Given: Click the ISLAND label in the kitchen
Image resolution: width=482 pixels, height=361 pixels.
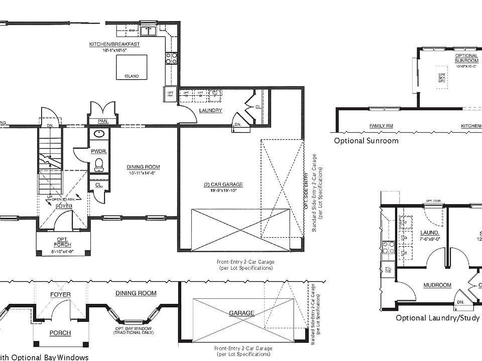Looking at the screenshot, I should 132,76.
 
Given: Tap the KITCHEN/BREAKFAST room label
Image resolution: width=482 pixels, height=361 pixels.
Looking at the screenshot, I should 114,45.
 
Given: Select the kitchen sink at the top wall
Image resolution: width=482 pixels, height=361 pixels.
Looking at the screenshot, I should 148,31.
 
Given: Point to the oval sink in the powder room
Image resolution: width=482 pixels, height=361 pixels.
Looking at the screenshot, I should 99,134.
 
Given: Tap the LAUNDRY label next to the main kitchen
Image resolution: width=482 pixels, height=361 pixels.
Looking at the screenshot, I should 210,110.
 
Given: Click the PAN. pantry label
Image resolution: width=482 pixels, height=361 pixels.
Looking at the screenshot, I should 102,121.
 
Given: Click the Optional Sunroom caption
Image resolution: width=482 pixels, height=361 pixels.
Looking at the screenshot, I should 366,141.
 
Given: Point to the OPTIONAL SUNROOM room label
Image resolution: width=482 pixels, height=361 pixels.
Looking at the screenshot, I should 466,58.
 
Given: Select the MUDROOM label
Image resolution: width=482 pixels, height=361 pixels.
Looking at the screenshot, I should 437,285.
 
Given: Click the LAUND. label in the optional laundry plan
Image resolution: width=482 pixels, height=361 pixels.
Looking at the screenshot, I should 430,233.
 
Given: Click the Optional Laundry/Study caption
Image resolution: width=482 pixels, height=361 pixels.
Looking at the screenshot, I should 437,318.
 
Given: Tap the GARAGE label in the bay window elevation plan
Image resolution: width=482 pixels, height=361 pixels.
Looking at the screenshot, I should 242,313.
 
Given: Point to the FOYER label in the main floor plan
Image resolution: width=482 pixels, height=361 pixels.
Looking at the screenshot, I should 64,206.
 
